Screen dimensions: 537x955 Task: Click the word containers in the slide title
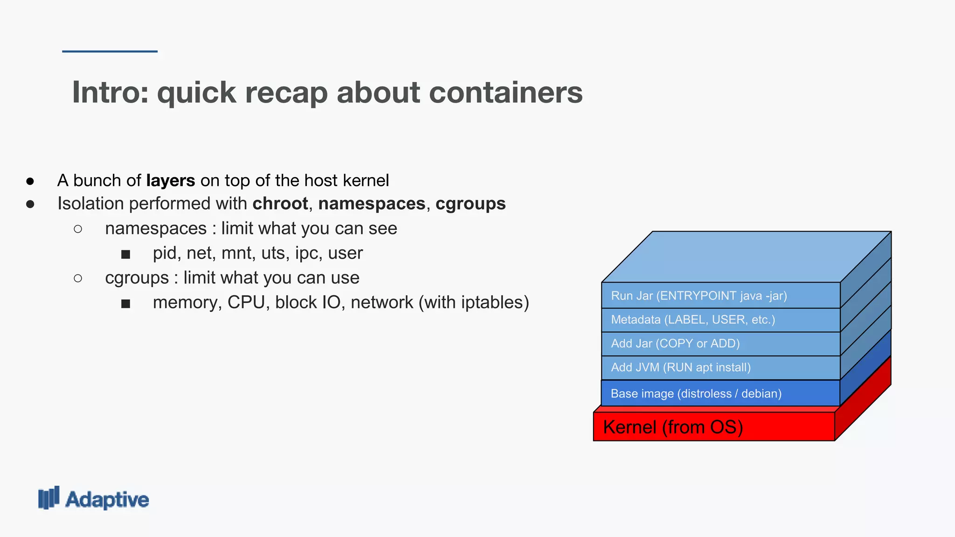[x=505, y=92]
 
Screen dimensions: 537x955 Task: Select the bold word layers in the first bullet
[x=171, y=180]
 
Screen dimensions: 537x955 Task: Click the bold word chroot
[x=280, y=204]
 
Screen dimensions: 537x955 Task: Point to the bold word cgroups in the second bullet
[x=471, y=204]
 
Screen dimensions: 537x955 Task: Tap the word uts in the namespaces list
[x=273, y=253]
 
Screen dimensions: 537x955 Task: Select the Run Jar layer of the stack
[x=720, y=296]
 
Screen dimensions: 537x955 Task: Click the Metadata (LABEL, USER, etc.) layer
[x=720, y=320]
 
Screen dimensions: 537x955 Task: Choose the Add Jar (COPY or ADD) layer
[x=720, y=344]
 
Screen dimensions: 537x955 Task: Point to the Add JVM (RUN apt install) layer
[x=720, y=367]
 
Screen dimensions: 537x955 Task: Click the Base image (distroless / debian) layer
[x=720, y=393]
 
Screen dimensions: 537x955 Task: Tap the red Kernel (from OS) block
[x=713, y=427]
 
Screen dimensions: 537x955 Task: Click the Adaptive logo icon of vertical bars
[x=49, y=498]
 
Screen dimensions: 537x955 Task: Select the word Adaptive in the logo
[x=107, y=500]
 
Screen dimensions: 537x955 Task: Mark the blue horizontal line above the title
[x=110, y=51]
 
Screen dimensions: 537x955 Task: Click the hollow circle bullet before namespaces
[x=78, y=229]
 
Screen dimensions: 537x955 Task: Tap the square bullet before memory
[x=125, y=304]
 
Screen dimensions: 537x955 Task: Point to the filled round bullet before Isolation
[x=30, y=204]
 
